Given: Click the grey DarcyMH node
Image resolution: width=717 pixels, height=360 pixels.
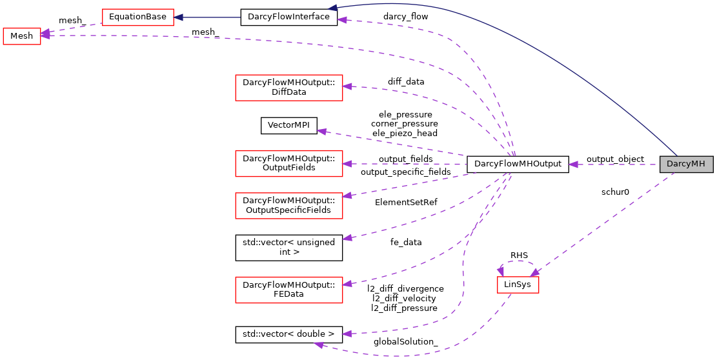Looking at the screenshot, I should tap(686, 165).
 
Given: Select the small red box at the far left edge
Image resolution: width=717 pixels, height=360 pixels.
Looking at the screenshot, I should tap(22, 36).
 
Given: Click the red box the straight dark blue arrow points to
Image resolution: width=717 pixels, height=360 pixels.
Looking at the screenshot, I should tap(138, 17).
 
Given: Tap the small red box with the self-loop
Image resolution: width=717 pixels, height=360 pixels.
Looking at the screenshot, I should tap(518, 285).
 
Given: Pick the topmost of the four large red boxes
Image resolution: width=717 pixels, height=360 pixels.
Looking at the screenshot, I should tap(288, 88).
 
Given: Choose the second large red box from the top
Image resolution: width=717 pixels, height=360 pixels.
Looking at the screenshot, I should tap(288, 163).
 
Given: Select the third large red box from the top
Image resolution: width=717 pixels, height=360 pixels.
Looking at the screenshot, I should tap(288, 206).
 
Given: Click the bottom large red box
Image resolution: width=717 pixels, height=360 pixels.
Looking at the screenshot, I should tap(288, 290).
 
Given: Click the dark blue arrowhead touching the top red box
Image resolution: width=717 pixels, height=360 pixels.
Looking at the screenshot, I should tap(179, 17).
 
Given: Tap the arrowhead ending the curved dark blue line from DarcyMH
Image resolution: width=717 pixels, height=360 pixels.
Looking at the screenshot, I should tap(332, 8).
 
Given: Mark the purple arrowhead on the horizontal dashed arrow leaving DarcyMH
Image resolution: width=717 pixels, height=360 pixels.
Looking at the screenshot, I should tap(572, 165).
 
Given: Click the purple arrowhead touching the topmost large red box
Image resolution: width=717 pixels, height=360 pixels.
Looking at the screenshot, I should tap(347, 86).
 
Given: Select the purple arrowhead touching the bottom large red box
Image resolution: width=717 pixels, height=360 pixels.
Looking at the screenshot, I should tap(347, 284).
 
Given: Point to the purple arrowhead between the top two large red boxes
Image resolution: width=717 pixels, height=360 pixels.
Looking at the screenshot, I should tap(321, 131).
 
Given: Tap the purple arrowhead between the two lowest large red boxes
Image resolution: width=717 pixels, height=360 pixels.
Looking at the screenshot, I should tap(347, 238).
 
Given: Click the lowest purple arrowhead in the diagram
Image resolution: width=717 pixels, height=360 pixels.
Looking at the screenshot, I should tap(318, 345).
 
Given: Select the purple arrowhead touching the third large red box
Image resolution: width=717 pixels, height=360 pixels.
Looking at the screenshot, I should tap(347, 195).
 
